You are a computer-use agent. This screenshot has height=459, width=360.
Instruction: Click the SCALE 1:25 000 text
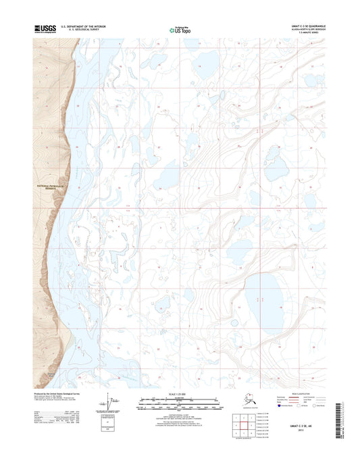click(x=180, y=393)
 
